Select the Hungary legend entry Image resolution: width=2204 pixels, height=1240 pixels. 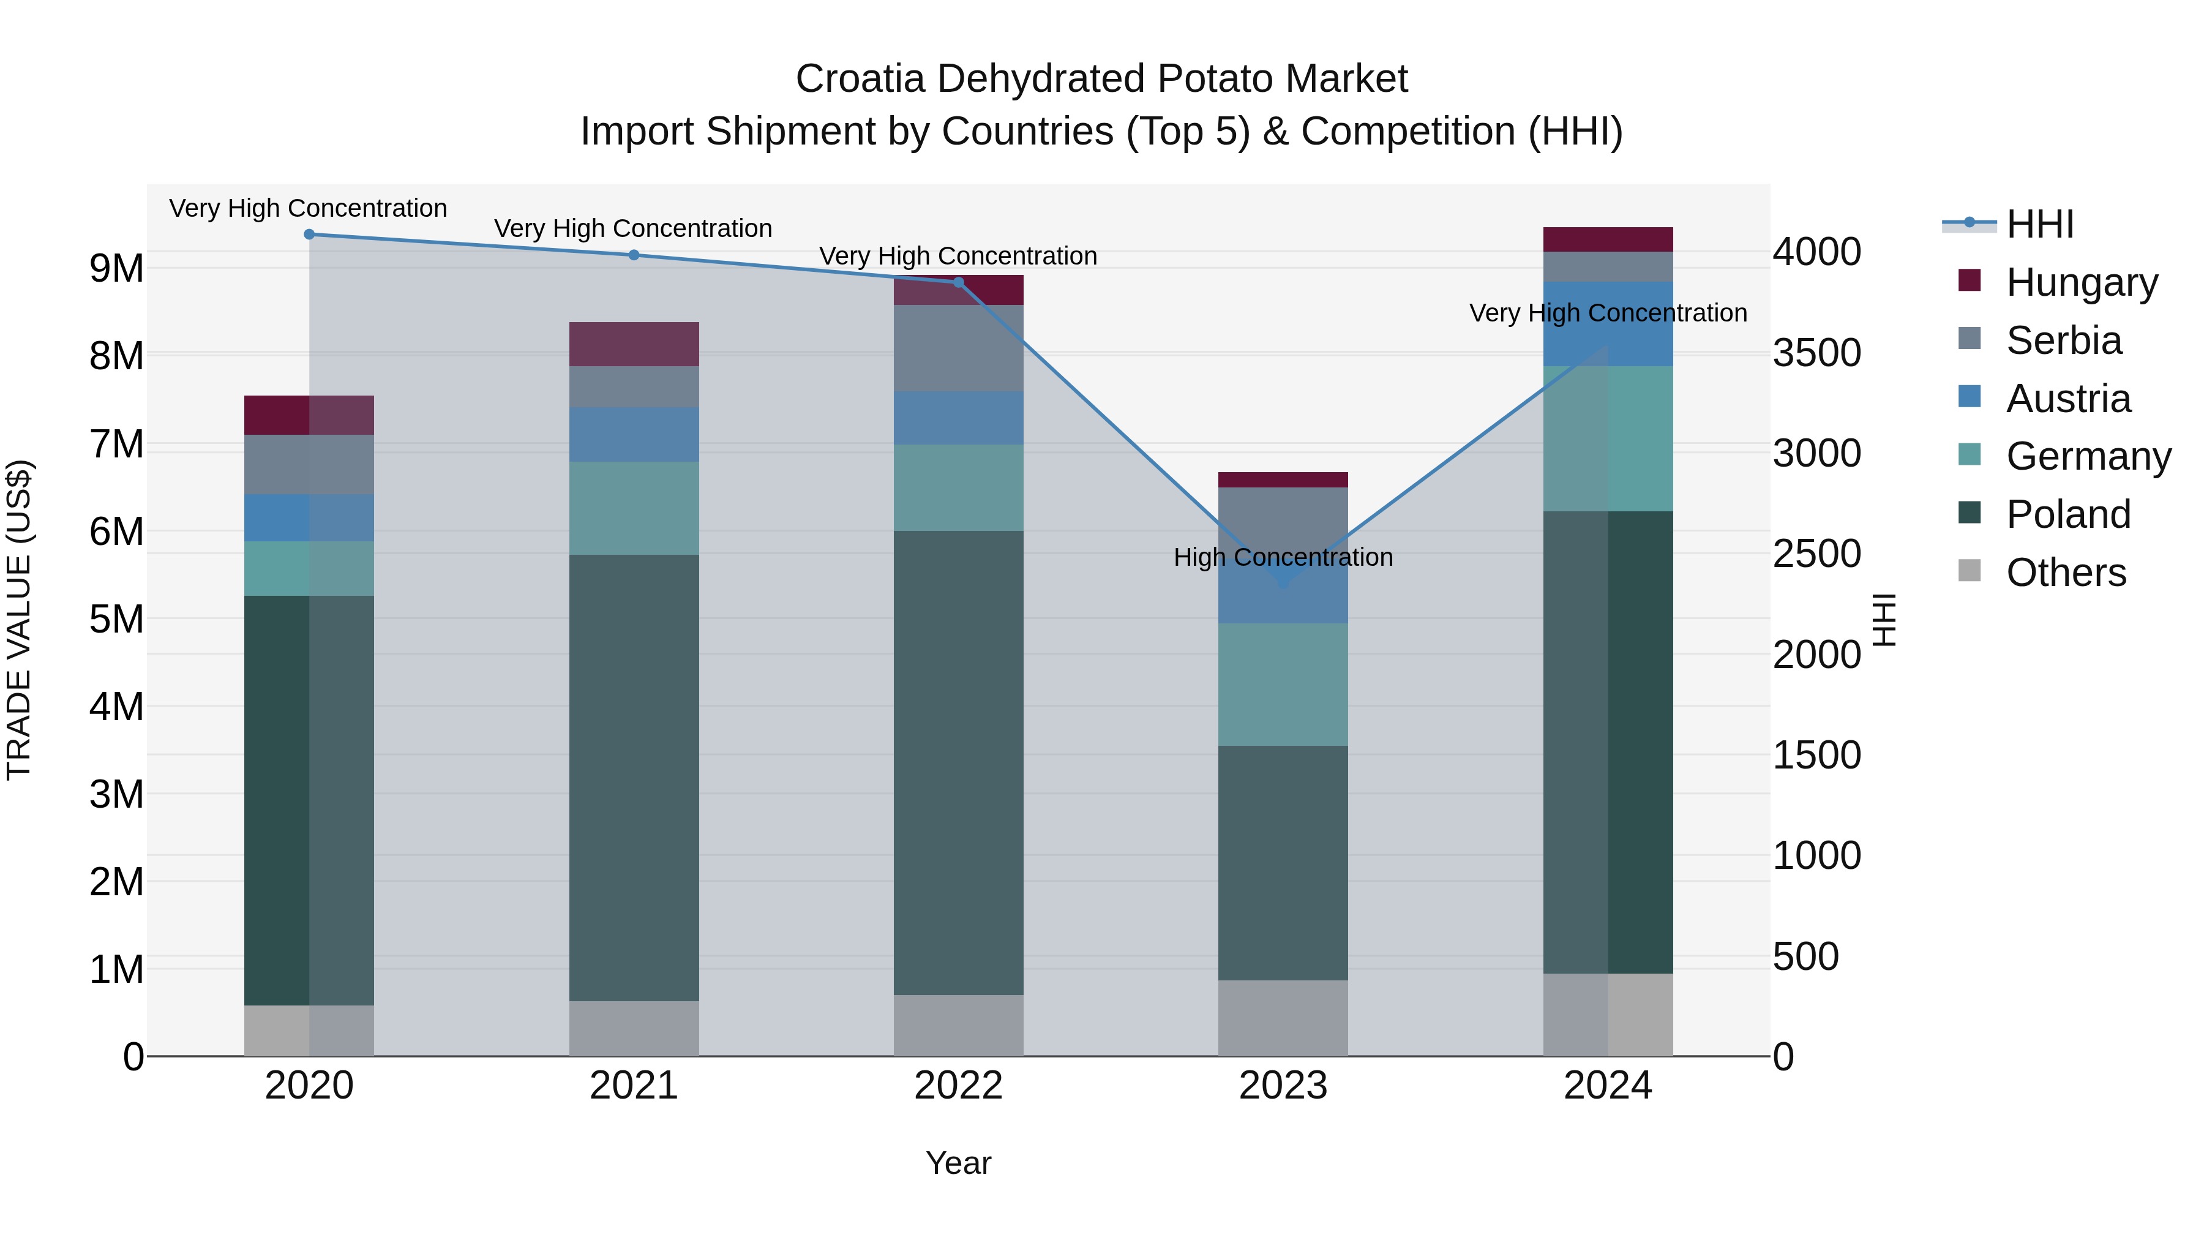coord(2081,282)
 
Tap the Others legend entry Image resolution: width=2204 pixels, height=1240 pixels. coord(2066,573)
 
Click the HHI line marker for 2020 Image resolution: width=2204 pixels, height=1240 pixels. coord(309,235)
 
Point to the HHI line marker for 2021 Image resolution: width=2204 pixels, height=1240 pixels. coord(634,255)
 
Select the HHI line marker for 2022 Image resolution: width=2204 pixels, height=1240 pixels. coord(958,282)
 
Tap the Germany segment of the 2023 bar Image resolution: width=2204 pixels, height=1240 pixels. coord(1283,684)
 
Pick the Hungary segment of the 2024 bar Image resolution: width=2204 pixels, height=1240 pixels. coord(1608,239)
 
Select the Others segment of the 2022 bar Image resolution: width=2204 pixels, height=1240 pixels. coord(958,1025)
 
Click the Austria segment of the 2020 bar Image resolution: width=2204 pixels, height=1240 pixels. coord(309,517)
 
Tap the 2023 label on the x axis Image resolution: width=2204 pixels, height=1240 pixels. coord(1283,1086)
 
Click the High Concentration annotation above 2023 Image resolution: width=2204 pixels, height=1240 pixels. coord(1283,557)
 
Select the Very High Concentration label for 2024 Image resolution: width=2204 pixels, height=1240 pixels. coord(1608,313)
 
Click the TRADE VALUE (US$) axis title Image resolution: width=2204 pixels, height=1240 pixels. coord(19,620)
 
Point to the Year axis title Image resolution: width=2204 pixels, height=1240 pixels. coord(958,1163)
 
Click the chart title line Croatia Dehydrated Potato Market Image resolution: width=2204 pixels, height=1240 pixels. coord(1101,79)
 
